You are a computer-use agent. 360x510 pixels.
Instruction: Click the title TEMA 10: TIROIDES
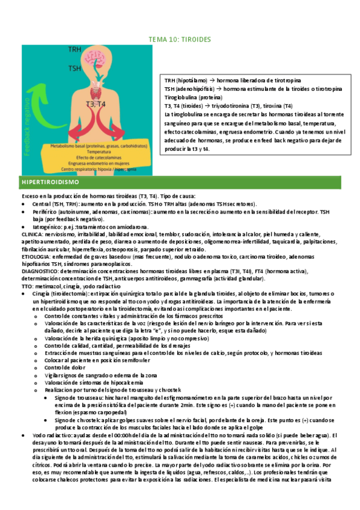pos(180,40)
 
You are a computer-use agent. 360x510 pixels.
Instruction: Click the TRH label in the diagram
pos(75,49)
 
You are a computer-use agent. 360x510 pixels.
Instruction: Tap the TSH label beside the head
pos(75,69)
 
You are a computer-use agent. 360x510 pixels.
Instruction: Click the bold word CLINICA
pos(32,234)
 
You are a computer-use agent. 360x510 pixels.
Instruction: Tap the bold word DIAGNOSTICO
pos(38,271)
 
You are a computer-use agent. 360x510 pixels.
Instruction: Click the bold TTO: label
pos(28,286)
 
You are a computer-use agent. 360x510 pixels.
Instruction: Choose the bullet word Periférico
pos(47,212)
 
